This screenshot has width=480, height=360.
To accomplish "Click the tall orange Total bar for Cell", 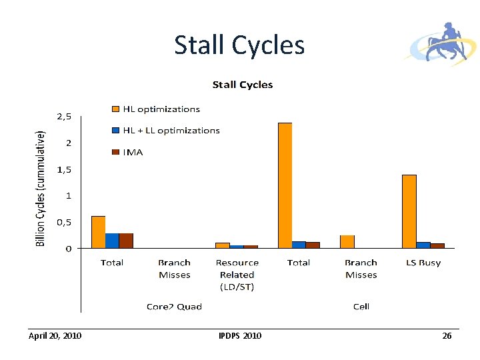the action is [x=285, y=185].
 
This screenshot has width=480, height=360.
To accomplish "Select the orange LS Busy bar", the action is [x=409, y=211].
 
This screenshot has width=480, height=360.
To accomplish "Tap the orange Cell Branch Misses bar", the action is [x=347, y=241].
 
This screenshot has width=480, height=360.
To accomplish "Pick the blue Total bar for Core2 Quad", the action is [x=112, y=241].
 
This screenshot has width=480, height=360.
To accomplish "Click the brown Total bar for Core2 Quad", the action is [x=126, y=241].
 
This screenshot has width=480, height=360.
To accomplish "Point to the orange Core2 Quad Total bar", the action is [x=98, y=232].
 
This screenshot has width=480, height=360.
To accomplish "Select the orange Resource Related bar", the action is [x=223, y=245].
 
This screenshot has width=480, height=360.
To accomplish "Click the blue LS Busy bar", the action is [x=423, y=245].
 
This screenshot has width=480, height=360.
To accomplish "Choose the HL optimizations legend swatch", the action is [x=115, y=109].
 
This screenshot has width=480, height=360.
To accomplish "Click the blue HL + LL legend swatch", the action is [x=115, y=131].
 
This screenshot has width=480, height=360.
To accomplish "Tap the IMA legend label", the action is [x=133, y=152].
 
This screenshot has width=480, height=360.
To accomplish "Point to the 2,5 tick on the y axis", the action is [x=64, y=116].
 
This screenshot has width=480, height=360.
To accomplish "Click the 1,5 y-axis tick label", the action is [x=64, y=169].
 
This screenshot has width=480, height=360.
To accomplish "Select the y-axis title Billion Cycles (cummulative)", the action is [x=40, y=188].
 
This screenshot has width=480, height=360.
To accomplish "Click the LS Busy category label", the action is [x=423, y=263].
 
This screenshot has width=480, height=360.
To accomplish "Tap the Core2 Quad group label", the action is [x=174, y=307].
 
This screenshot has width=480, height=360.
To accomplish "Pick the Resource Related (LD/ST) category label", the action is [x=237, y=275].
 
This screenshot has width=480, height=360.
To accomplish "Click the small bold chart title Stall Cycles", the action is [x=243, y=85].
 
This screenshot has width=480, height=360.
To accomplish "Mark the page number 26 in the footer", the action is [x=447, y=336].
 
